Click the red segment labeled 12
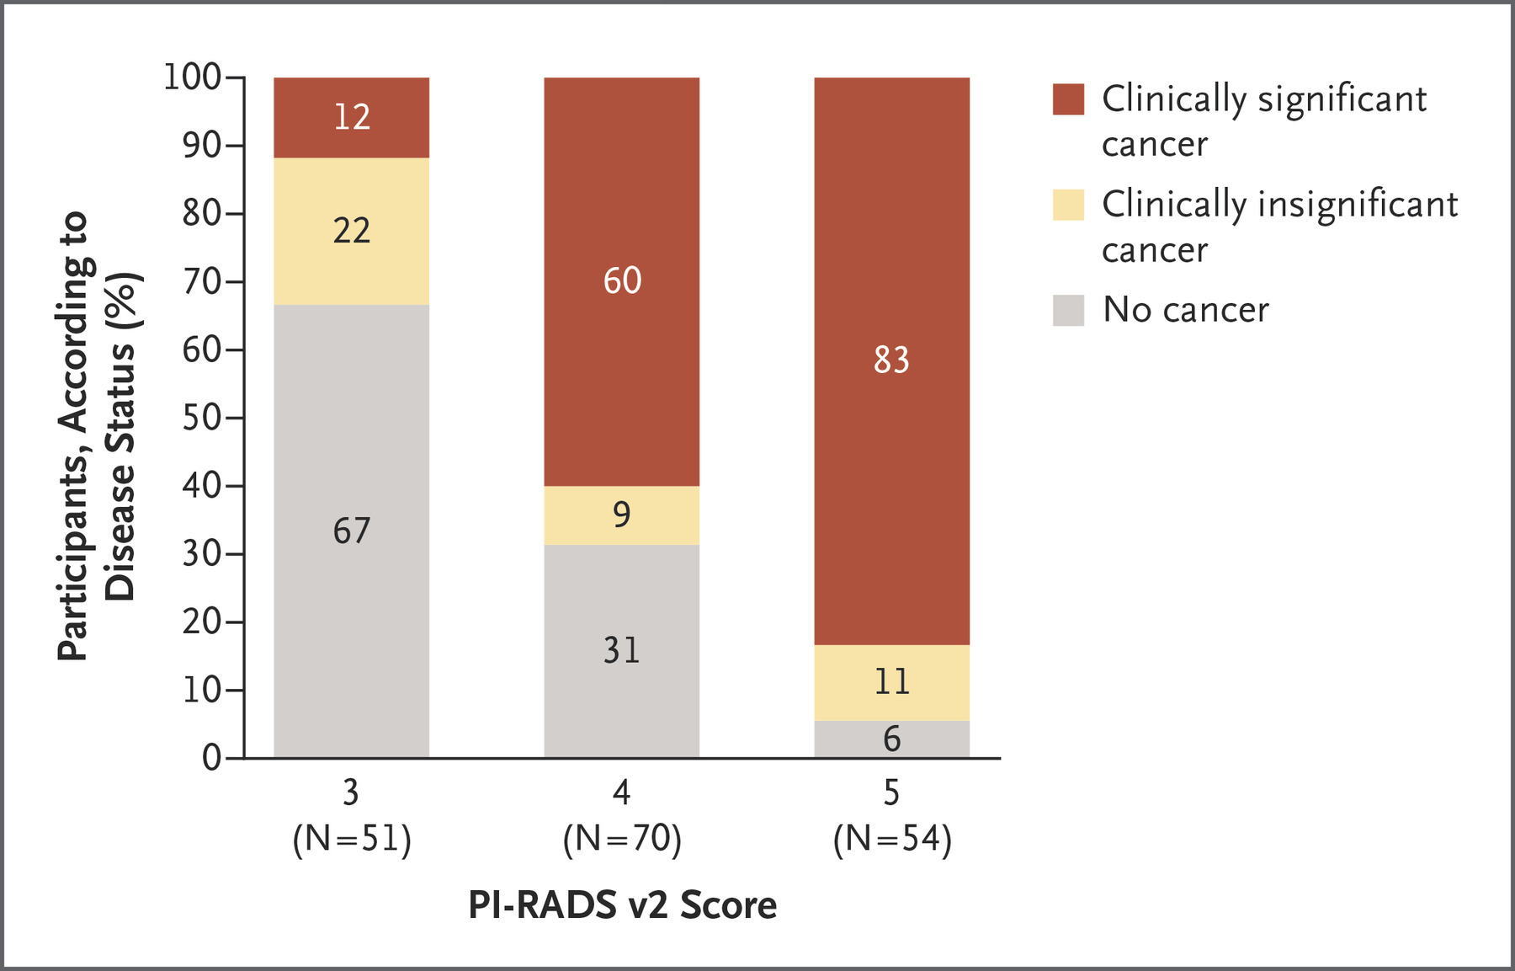pyautogui.click(x=351, y=117)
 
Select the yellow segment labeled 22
pyautogui.click(x=351, y=231)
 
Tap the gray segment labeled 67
pyautogui.click(x=351, y=531)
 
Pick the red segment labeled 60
pyautogui.click(x=621, y=281)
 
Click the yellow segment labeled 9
pyautogui.click(x=621, y=515)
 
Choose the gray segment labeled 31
pyautogui.click(x=621, y=650)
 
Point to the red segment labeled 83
pyautogui.click(x=891, y=360)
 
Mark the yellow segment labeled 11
pyautogui.click(x=891, y=682)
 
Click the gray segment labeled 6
pyautogui.click(x=891, y=739)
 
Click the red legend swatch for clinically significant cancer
pyautogui.click(x=1068, y=99)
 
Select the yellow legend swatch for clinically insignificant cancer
pyautogui.click(x=1068, y=205)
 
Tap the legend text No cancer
pyautogui.click(x=1185, y=310)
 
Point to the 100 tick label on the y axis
pyautogui.click(x=192, y=77)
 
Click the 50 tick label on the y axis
pyautogui.click(x=202, y=418)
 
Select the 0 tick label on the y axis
pyautogui.click(x=211, y=758)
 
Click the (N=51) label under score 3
pyautogui.click(x=352, y=839)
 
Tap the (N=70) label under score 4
pyautogui.click(x=622, y=839)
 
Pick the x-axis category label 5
pyautogui.click(x=891, y=792)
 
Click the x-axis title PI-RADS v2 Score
pyautogui.click(x=622, y=905)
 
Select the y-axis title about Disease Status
pyautogui.click(x=97, y=435)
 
